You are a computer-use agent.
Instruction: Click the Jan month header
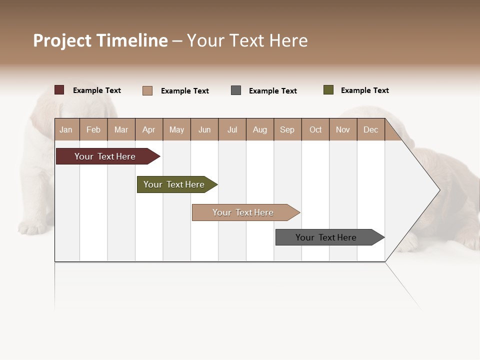point(66,130)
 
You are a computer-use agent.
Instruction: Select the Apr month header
point(148,130)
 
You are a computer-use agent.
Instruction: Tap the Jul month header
point(232,130)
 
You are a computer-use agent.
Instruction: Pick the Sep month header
point(287,130)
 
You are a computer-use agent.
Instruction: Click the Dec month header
point(370,130)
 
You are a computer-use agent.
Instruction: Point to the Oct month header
point(315,130)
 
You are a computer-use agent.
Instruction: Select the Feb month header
point(93,130)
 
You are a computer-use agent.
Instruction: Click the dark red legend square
point(59,90)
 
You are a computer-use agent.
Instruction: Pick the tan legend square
point(147,90)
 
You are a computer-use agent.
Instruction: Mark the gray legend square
point(236,90)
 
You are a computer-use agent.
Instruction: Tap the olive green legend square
point(328,90)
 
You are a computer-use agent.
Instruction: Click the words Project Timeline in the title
point(100,40)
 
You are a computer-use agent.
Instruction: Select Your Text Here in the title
point(247,40)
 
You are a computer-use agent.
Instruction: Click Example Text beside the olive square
point(364,90)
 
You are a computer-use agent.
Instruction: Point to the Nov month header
point(343,130)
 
